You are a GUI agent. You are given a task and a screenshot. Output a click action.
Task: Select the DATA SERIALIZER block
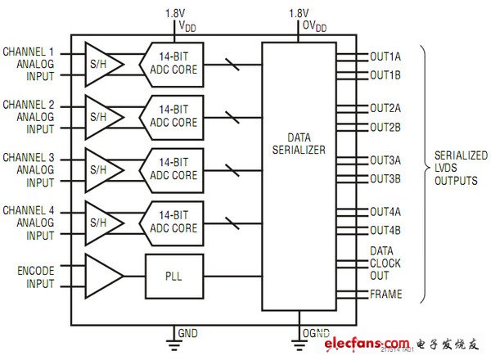coord(298,143)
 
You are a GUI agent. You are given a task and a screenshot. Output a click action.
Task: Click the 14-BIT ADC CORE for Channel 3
coord(173,169)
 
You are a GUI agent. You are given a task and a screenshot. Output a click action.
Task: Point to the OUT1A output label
coord(385,56)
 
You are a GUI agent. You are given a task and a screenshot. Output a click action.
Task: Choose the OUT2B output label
coord(385,127)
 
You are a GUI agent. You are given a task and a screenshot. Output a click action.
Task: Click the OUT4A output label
coord(385,212)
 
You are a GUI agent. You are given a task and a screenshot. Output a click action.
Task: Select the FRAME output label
coord(386,294)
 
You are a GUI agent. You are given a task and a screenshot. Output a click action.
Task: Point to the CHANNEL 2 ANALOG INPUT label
coord(29,117)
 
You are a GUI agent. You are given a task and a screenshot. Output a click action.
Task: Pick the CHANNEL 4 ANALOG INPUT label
coord(29,223)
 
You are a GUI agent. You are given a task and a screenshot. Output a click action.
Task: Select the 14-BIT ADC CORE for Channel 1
coord(173,63)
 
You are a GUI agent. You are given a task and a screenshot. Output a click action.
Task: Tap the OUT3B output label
coord(385,178)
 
